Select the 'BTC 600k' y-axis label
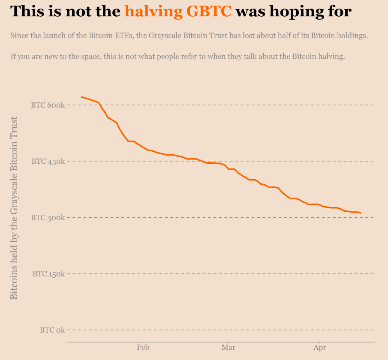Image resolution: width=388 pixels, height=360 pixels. point(48,105)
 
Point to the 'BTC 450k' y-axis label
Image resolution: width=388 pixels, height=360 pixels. point(48,162)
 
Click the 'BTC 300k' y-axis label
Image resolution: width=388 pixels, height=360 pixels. point(48,218)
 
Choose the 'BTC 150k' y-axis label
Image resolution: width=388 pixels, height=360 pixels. point(48,274)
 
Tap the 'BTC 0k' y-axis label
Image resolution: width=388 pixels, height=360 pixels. point(52,330)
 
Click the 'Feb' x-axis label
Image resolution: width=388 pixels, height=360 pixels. point(143,348)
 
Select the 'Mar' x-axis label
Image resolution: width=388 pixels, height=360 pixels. point(229,348)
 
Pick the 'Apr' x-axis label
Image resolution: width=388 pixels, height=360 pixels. point(319,348)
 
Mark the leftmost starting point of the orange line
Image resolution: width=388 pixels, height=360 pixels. point(81,97)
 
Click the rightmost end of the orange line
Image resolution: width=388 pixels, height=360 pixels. point(361,213)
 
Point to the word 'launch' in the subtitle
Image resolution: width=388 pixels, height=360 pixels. point(54,36)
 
